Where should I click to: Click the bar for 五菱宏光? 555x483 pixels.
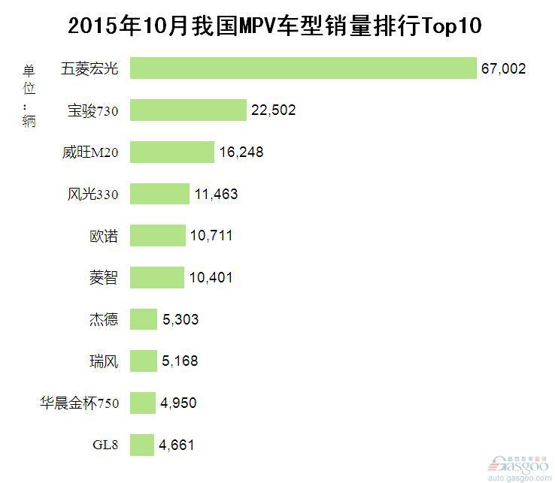pos(303,68)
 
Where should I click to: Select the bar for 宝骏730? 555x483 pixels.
pos(188,110)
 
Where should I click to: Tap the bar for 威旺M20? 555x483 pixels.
pos(171,152)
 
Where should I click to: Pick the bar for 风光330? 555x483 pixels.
pos(159,194)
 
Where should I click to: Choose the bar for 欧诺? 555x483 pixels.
pos(157,236)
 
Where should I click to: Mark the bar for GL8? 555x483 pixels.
pos(141,445)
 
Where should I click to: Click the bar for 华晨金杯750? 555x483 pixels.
pos(142,403)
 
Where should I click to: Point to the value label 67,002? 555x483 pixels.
pos(503,69)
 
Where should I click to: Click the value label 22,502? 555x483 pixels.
pos(274,110)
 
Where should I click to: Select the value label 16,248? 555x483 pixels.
pos(241,152)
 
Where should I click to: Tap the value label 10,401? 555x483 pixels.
pos(211,278)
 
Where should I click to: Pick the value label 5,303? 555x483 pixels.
pos(180,320)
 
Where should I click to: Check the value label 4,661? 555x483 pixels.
pos(177,445)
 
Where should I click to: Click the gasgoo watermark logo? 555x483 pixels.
pos(518,469)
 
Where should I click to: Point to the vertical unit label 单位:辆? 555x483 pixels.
pos(29,96)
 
